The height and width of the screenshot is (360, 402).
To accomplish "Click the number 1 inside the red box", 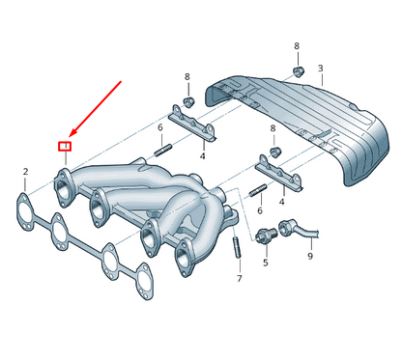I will click(66, 146).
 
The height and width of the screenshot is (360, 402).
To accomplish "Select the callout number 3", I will click(320, 69).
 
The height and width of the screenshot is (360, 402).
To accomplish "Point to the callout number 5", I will click(266, 263).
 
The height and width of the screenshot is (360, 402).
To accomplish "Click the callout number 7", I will click(239, 278).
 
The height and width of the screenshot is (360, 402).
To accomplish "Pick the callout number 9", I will click(310, 257).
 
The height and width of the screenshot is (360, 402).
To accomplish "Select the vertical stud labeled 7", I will click(237, 248).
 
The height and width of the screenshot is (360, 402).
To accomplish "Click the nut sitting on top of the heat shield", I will click(298, 70).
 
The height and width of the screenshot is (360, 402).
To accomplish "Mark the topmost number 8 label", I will click(297, 45).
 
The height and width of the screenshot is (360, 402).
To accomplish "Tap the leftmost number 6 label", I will click(160, 126).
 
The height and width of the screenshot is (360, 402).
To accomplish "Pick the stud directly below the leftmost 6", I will click(163, 150).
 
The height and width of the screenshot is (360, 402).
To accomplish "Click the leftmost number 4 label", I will click(202, 155).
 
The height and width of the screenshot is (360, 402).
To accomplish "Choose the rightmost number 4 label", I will click(281, 203).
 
